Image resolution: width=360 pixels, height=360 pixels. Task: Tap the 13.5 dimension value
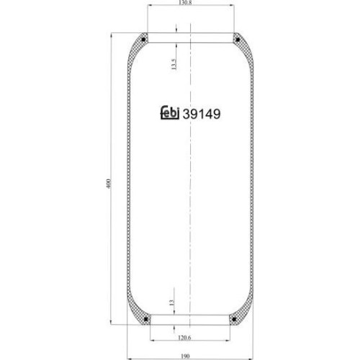click(x=174, y=64)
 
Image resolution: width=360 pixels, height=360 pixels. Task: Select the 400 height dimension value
click(x=109, y=183)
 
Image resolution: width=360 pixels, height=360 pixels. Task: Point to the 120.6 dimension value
click(x=184, y=338)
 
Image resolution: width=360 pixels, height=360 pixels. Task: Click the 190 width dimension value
click(x=185, y=356)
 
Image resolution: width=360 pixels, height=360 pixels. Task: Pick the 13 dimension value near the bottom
click(x=171, y=302)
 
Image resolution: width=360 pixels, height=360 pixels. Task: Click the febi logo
click(x=169, y=112)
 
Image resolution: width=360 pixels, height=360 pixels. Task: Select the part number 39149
click(x=202, y=114)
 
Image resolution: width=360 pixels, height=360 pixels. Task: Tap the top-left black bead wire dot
click(x=143, y=40)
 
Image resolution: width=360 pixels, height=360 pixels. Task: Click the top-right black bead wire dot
click(x=238, y=40)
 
